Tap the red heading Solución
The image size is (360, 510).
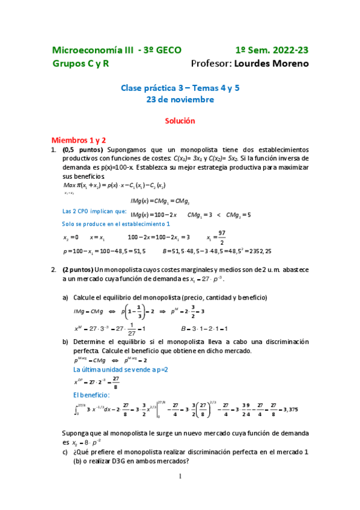(x=180, y=120)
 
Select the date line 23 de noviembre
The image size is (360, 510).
(x=180, y=100)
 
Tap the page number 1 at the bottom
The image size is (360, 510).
(x=180, y=476)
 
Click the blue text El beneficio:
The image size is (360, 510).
(x=91, y=395)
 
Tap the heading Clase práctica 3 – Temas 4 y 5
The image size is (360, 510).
(x=180, y=88)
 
